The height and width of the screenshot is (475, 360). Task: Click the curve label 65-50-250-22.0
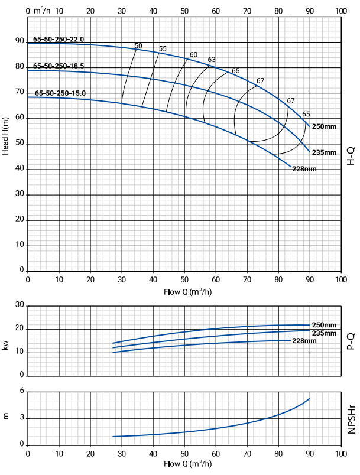pyautogui.click(x=59, y=40)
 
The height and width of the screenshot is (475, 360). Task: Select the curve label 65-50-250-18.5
pyautogui.click(x=59, y=66)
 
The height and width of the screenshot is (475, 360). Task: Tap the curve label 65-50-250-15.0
pyautogui.click(x=60, y=93)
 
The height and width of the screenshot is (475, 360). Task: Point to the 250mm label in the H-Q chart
pyautogui.click(x=324, y=127)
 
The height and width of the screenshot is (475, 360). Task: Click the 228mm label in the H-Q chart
pyautogui.click(x=305, y=170)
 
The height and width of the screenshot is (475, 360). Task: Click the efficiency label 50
pyautogui.click(x=138, y=45)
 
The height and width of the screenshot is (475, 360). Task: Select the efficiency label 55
pyautogui.click(x=163, y=48)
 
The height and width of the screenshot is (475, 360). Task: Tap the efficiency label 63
pyautogui.click(x=212, y=60)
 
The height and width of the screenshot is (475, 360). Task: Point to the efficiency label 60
pyautogui.click(x=193, y=55)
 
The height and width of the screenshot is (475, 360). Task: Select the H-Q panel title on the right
pyautogui.click(x=351, y=157)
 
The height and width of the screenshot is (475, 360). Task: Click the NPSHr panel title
pyautogui.click(x=351, y=418)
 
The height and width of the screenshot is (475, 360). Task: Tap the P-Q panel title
pyautogui.click(x=351, y=341)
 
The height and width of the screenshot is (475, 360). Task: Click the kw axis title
pyautogui.click(x=6, y=345)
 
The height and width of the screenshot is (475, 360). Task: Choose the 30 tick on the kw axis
pyautogui.click(x=20, y=305)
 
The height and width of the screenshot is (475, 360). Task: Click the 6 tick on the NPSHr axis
pyautogui.click(x=22, y=391)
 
